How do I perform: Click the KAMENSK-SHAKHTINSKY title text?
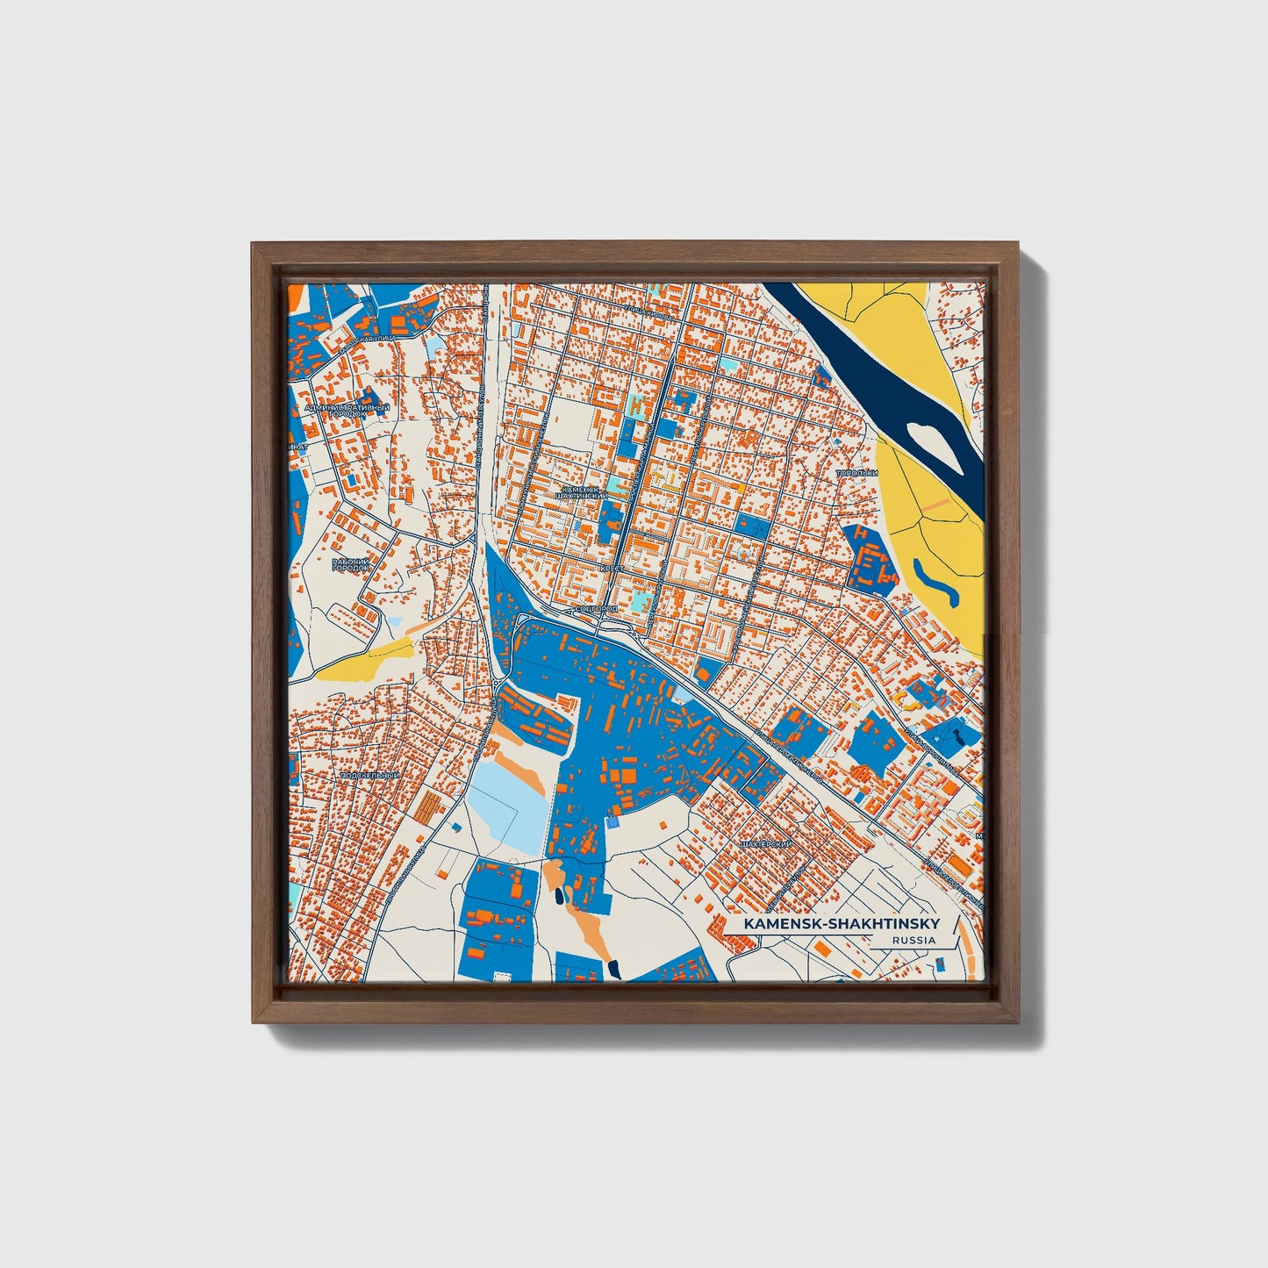(x=841, y=923)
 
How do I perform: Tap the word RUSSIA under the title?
(x=913, y=941)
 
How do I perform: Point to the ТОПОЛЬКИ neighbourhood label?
(x=856, y=473)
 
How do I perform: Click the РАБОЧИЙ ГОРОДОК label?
(x=351, y=564)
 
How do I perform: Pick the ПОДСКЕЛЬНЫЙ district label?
(x=369, y=776)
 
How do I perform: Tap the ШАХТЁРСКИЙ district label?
(x=766, y=844)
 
